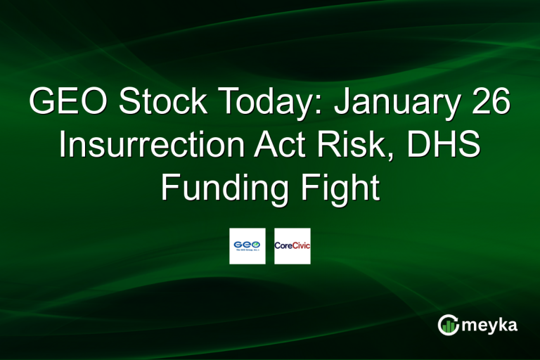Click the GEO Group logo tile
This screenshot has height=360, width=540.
[247, 246]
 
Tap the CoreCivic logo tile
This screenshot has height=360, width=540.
[292, 246]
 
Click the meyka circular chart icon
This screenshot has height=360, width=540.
[448, 325]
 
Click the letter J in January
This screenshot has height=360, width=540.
[343, 103]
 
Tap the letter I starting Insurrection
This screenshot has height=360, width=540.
[63, 146]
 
